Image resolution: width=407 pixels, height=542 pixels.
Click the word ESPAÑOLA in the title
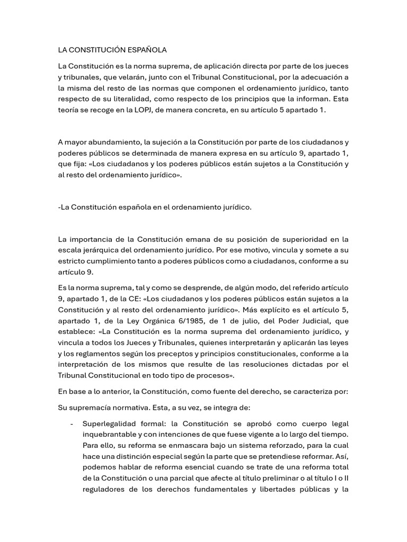tap(148, 50)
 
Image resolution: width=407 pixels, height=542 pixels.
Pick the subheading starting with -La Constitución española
tap(155, 207)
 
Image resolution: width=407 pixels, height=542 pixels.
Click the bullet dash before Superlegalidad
tap(72, 424)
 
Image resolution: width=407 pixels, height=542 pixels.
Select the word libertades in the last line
tap(271, 489)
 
